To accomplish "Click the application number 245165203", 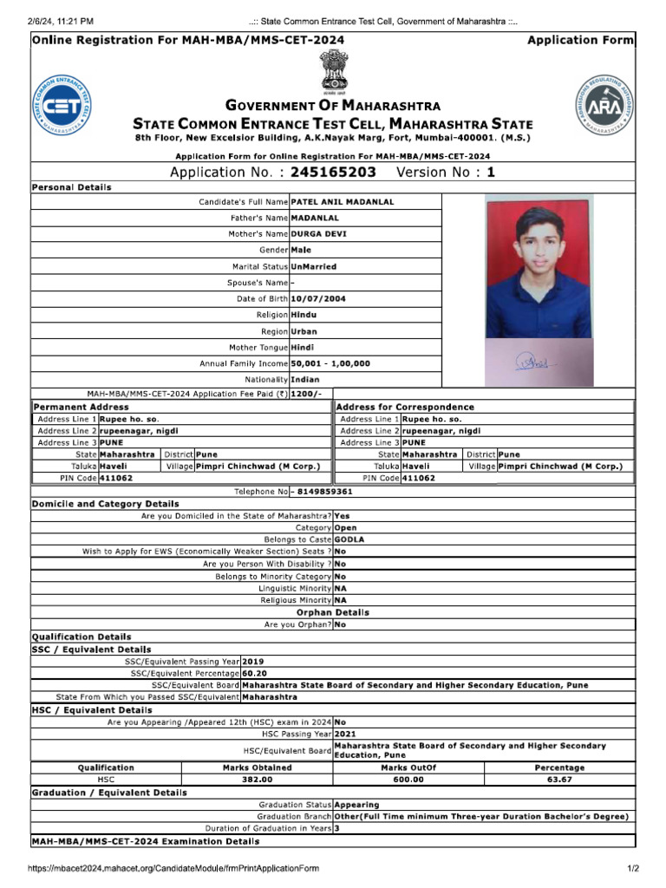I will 333,173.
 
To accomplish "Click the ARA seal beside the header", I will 604,107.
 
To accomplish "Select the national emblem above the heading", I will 333,70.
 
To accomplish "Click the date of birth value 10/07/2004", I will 318,299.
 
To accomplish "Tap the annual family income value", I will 330,364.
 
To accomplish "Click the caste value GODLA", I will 349,539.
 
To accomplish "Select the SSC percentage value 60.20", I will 254,673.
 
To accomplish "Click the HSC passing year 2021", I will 345,734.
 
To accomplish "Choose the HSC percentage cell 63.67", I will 559,780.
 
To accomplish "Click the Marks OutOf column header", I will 408,767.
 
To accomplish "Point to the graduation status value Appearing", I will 356,805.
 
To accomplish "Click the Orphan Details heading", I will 333,612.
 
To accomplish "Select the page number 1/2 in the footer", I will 633,868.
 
